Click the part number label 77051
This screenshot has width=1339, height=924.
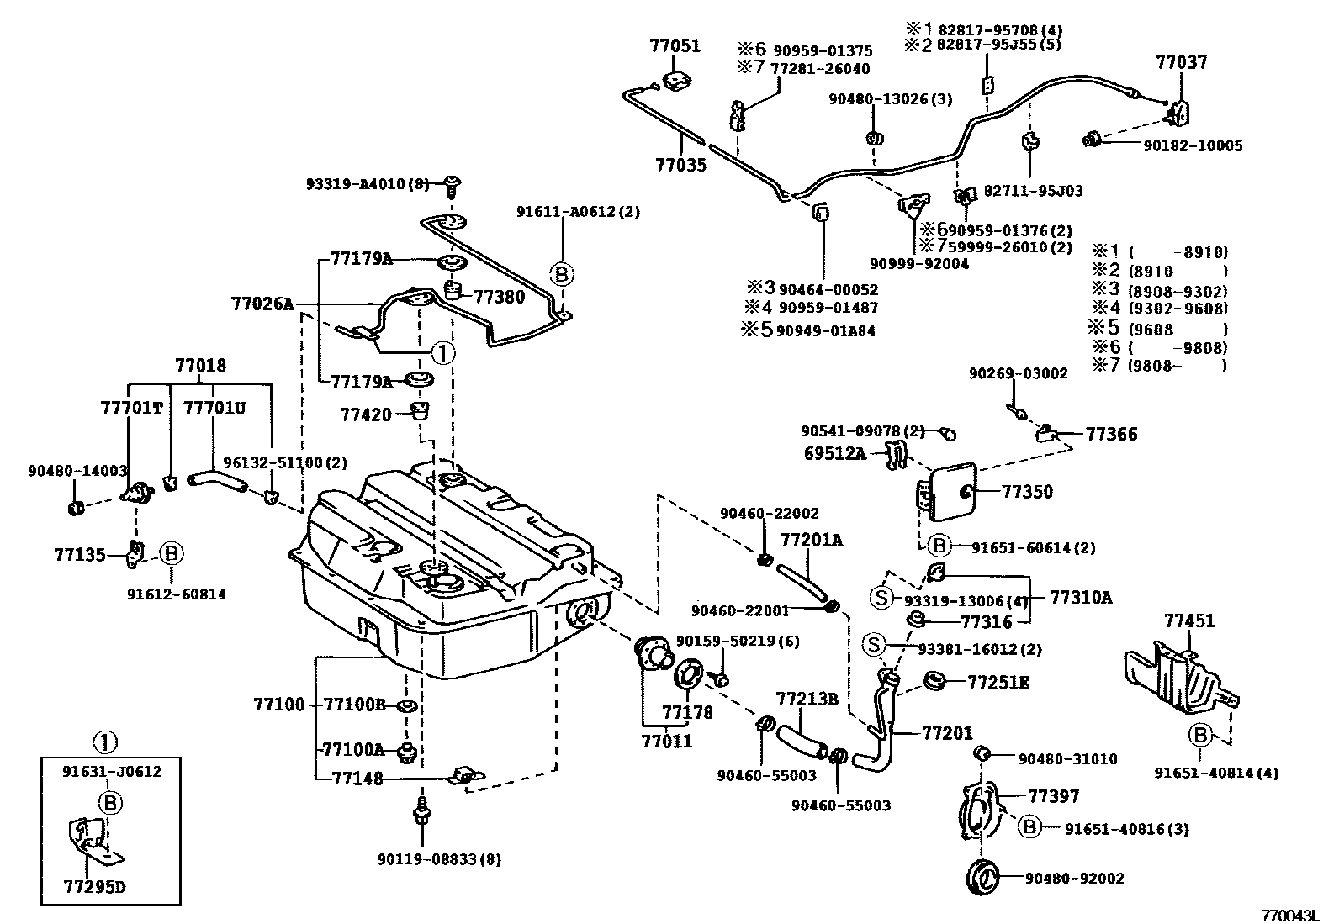coord(675,46)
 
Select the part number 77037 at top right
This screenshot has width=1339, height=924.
coord(1181,62)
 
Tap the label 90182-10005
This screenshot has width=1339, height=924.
coord(1192,145)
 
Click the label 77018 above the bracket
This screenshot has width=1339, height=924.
coord(200,366)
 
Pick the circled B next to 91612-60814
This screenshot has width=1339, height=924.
coord(171,553)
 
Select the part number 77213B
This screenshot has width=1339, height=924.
coord(807,700)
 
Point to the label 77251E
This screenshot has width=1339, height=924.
coord(998,682)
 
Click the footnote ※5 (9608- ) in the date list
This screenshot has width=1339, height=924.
coord(1160,329)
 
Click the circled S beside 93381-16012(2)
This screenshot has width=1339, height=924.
coord(875,645)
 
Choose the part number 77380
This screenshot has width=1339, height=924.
coord(499,296)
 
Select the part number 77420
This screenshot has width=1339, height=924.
coord(366,414)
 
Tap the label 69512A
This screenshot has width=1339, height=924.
coord(834,454)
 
